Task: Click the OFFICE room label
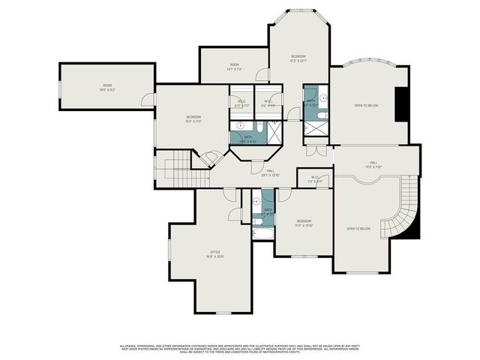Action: click(216, 253)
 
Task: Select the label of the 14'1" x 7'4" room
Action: click(233, 66)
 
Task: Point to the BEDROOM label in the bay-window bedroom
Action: click(298, 58)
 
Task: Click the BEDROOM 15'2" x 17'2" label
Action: click(194, 118)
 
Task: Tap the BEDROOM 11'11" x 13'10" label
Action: click(304, 222)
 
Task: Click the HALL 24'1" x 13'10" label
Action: click(270, 172)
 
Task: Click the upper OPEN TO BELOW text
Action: click(366, 106)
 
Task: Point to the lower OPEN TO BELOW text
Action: click(358, 228)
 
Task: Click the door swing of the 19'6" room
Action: click(148, 99)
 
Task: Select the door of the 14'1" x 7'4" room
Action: click(262, 75)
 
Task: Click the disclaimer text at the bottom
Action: click(240, 347)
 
